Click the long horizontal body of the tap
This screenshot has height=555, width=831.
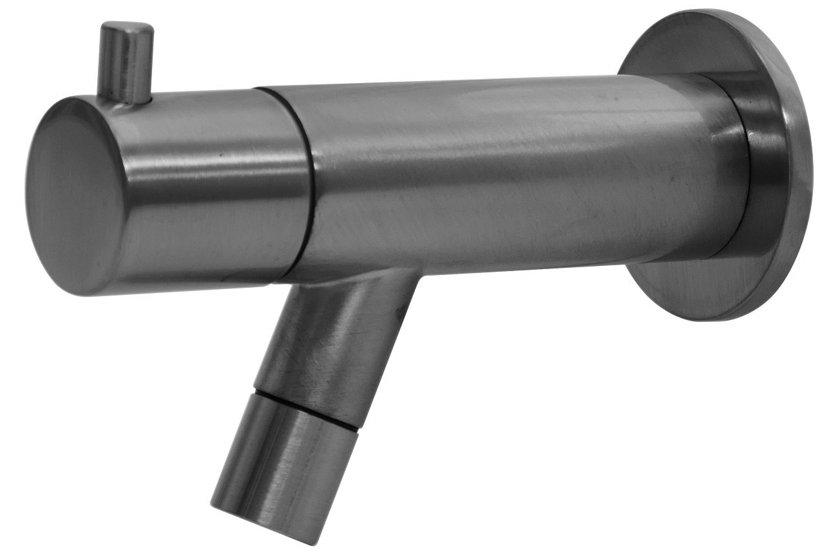(x=502, y=174)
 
